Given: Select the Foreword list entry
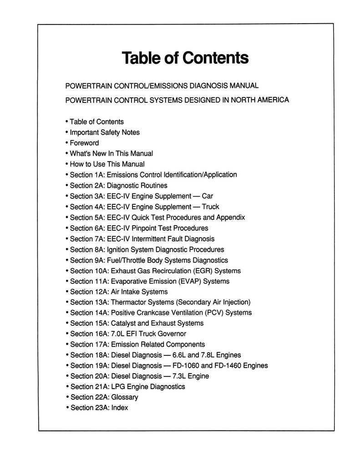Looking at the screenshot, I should coord(84,143).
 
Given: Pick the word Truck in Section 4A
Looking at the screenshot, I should coord(210,207).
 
